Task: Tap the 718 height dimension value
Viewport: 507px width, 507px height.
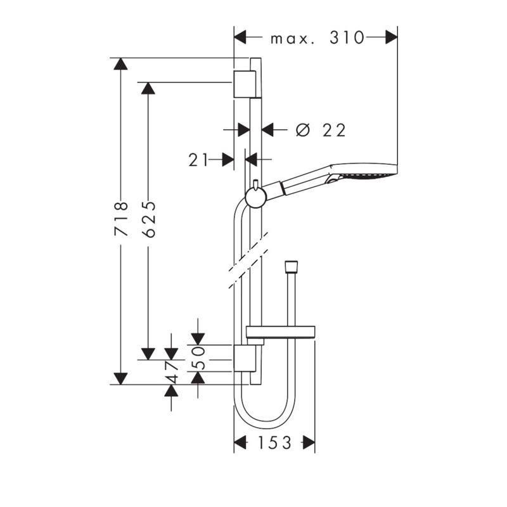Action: point(121,219)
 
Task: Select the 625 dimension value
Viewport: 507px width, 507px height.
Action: point(149,219)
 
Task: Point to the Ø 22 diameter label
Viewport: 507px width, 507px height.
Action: point(321,130)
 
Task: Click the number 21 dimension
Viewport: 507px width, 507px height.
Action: point(198,160)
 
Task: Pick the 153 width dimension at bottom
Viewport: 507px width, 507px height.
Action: point(274,442)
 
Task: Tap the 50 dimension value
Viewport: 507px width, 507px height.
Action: point(198,358)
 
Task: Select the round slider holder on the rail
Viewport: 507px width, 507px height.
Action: point(256,197)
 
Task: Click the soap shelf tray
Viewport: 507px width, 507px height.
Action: point(281,332)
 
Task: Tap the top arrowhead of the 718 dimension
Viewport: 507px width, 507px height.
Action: point(120,64)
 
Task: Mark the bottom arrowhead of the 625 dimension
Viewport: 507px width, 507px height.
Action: point(148,354)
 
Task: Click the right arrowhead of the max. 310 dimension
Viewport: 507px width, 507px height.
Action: point(391,37)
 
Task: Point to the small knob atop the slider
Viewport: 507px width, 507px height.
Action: point(256,184)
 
